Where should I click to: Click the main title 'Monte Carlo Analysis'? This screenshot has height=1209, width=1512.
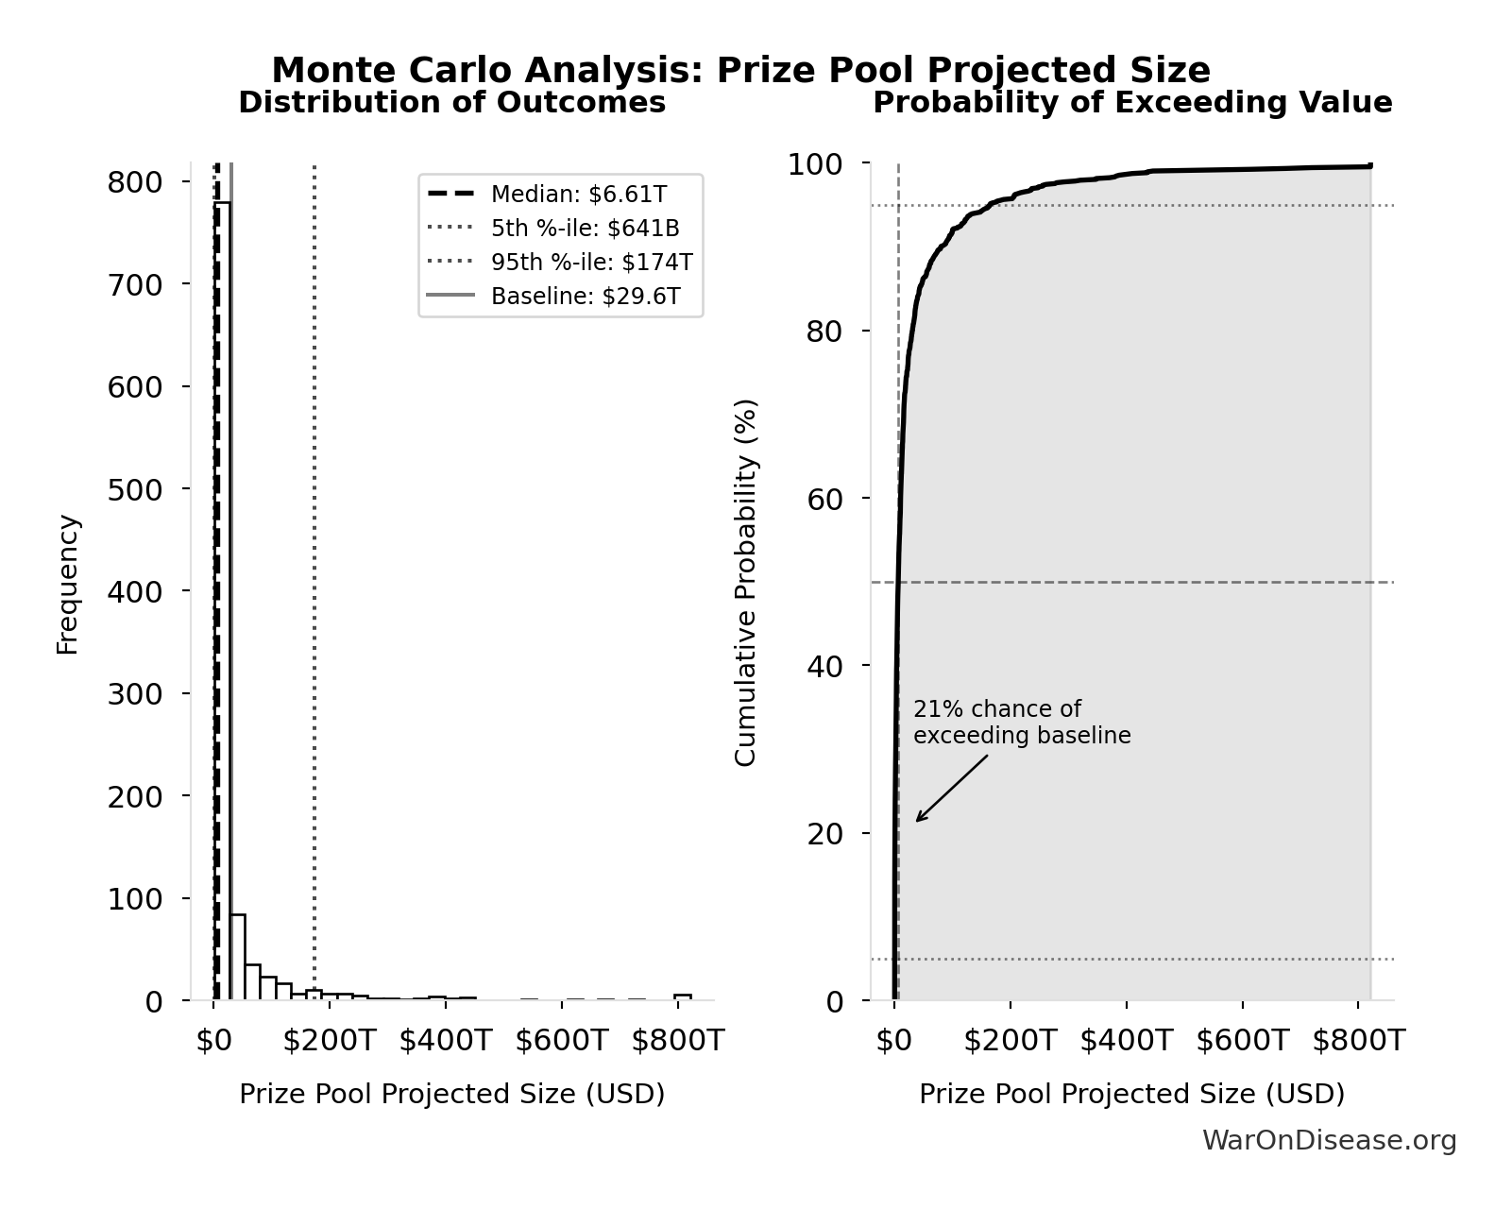point(740,71)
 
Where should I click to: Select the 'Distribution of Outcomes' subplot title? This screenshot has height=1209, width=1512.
point(451,103)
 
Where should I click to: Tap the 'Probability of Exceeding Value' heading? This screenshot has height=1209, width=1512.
point(1131,103)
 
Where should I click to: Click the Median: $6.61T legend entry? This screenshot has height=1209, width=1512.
point(578,195)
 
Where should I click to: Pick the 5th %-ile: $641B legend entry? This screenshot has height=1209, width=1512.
point(585,229)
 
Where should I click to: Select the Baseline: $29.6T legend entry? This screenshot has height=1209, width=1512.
point(585,297)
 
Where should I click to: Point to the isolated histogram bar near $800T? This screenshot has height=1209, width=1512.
point(682,996)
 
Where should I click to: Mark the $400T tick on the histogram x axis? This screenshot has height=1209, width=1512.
point(445,1041)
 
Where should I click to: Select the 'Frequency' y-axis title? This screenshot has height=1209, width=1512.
point(68,584)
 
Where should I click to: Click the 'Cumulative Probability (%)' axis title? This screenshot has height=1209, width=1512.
point(746,582)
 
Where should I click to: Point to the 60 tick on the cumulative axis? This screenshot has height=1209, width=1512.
point(825,499)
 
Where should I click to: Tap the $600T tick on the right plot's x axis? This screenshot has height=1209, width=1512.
point(1242,1041)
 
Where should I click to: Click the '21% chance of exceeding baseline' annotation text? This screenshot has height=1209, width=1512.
point(1022,723)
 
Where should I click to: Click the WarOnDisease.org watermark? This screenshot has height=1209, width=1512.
point(1329,1141)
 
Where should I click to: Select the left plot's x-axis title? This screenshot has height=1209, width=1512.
point(451,1094)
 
